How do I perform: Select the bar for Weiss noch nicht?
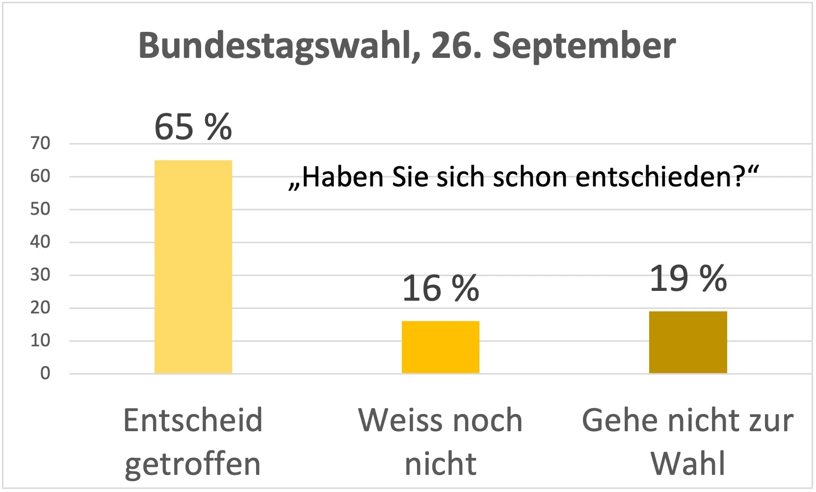pos(440,347)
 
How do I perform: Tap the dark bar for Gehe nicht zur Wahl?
pos(687,342)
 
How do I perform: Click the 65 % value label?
pos(193,127)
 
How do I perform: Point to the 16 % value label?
pos(440,288)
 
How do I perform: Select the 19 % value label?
pos(687,279)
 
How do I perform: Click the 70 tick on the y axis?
pos(40,143)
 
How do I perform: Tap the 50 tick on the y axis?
pos(40,209)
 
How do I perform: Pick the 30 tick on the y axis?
pos(40,275)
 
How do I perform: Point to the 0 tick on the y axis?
pos(45,373)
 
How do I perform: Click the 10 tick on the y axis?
pos(40,340)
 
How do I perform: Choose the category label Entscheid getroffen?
pos(193,441)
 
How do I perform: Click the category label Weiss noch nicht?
pos(440,441)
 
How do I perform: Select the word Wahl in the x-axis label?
pos(687,463)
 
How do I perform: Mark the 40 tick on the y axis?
pos(40,242)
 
